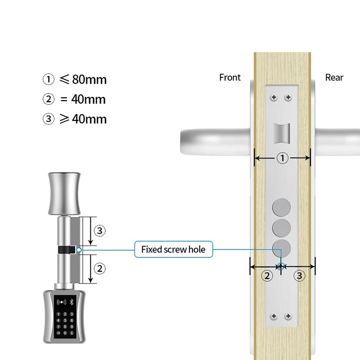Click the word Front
pyautogui.click(x=230, y=77)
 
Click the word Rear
pyautogui.click(x=334, y=77)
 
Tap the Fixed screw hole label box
pyautogui.click(x=174, y=249)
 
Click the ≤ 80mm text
pyautogui.click(x=83, y=80)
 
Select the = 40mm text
pyautogui.click(x=83, y=99)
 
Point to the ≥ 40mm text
pyautogui.click(x=83, y=119)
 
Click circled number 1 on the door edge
pyautogui.click(x=283, y=158)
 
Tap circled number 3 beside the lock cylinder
pyautogui.click(x=99, y=231)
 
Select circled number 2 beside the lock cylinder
pyautogui.click(x=99, y=269)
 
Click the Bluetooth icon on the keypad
pyautogui.click(x=72, y=302)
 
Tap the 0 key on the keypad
pyautogui.click(x=65, y=333)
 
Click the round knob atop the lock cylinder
pyautogui.click(x=64, y=194)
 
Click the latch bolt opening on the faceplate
pyautogui.click(x=282, y=133)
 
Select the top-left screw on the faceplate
pyautogui.click(x=274, y=98)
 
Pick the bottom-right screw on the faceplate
pyautogui.click(x=288, y=316)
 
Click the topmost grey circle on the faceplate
pyautogui.click(x=282, y=207)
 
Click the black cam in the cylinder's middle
pyautogui.click(x=67, y=250)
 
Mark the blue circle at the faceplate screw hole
pyautogui.click(x=281, y=266)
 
